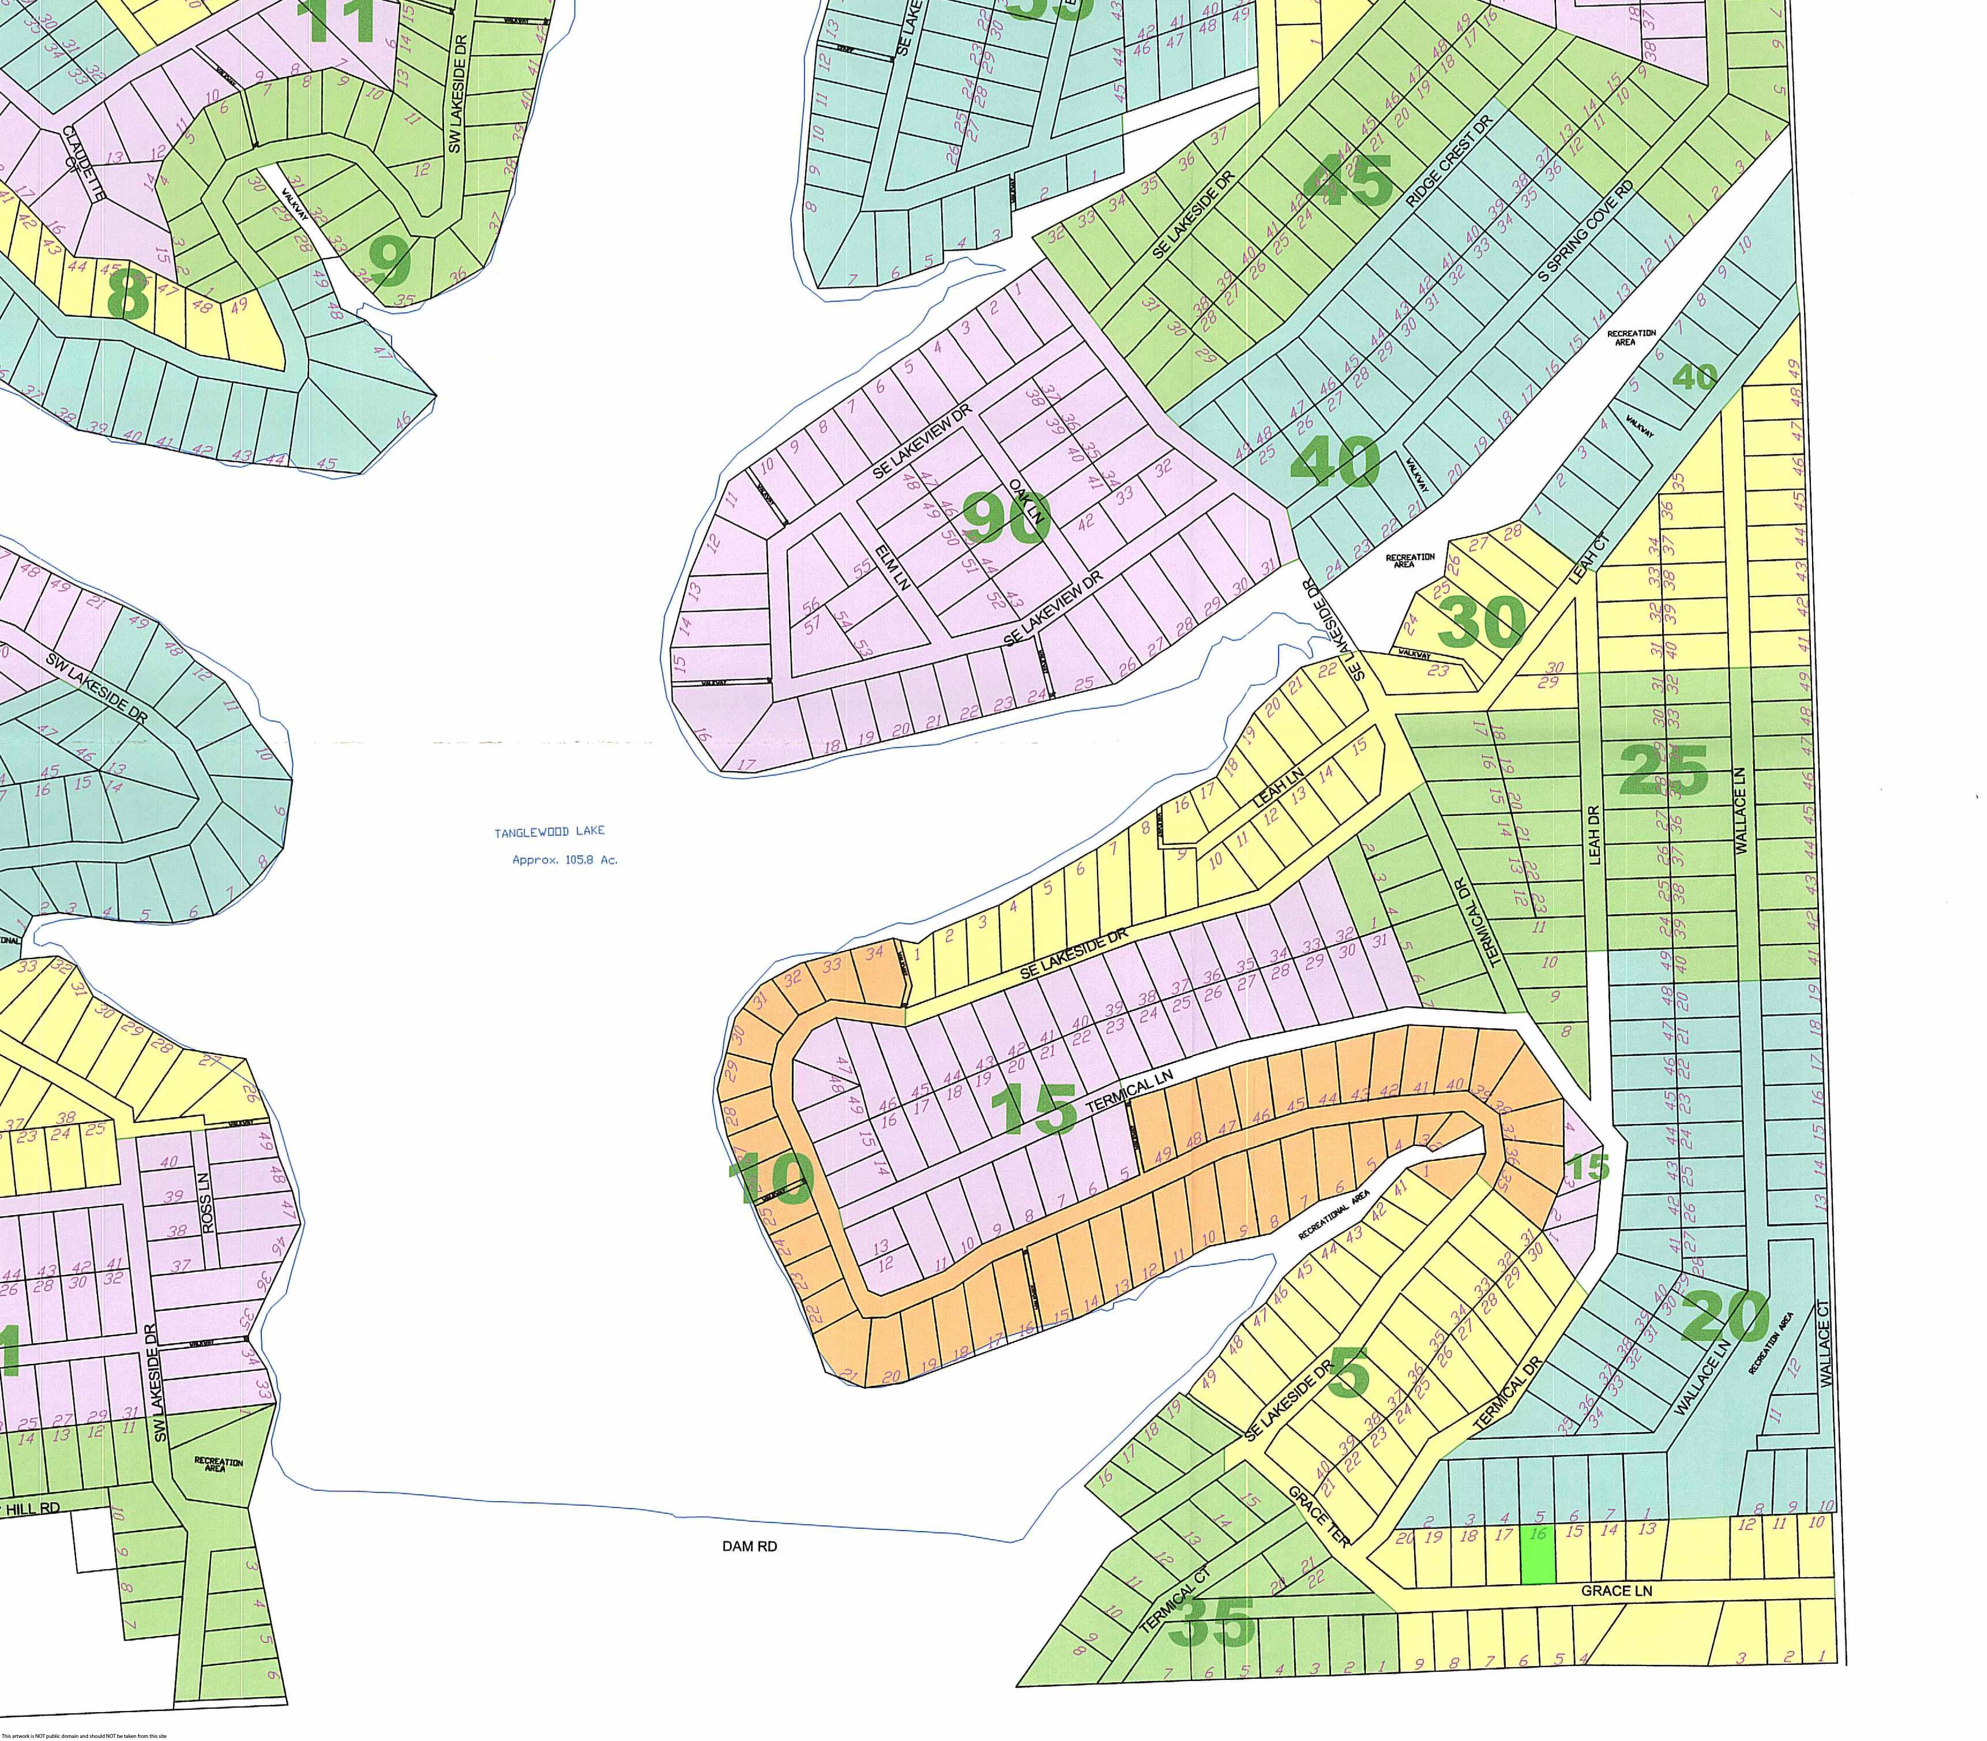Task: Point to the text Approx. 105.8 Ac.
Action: (x=564, y=860)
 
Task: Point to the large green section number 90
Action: (x=1008, y=518)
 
